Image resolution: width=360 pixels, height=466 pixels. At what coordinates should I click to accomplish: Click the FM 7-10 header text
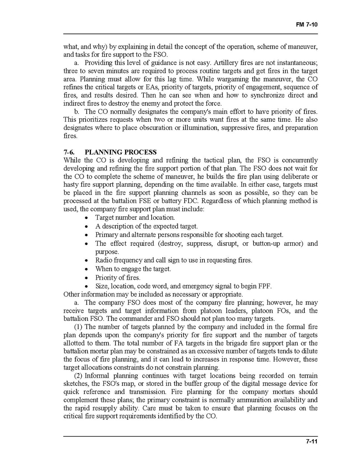307,24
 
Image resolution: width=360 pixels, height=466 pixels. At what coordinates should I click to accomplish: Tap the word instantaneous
297,63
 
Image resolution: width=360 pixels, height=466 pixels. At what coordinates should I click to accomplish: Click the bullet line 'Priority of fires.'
118,278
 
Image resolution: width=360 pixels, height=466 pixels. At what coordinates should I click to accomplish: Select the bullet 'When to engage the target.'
133,269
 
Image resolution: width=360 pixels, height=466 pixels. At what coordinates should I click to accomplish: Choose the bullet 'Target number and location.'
135,217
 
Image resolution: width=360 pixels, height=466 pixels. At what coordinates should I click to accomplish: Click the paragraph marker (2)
79,375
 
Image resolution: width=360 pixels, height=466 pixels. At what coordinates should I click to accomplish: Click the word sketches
75,384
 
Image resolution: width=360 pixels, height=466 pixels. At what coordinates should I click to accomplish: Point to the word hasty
71,185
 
